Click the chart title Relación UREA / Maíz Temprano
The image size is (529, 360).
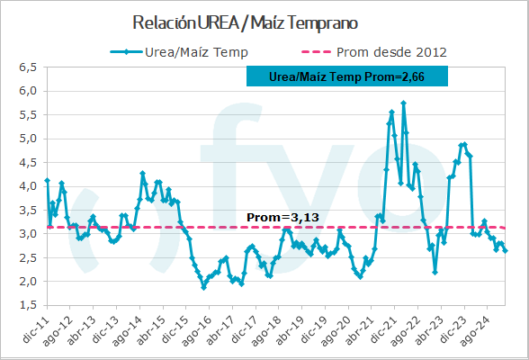pyautogui.click(x=244, y=22)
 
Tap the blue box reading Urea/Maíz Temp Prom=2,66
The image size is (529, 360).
pyautogui.click(x=346, y=78)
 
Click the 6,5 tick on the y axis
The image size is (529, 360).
pyautogui.click(x=27, y=67)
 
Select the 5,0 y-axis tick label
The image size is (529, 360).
pyautogui.click(x=27, y=139)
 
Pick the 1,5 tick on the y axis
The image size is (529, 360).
pyautogui.click(x=27, y=305)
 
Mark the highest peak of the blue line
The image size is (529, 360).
pyautogui.click(x=403, y=103)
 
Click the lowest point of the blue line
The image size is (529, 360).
pyautogui.click(x=203, y=287)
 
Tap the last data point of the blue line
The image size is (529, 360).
pyautogui.click(x=506, y=250)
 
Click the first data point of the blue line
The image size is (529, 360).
pyautogui.click(x=47, y=181)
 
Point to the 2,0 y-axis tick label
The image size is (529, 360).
pyautogui.click(x=27, y=281)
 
